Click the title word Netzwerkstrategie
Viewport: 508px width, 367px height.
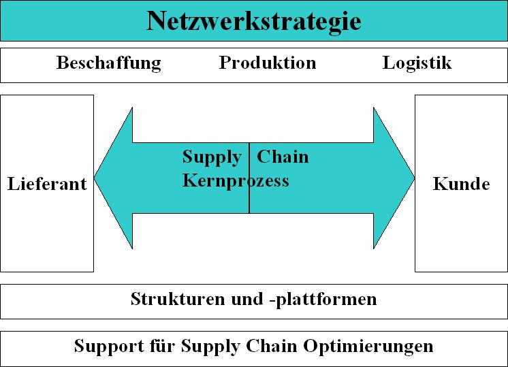click(253, 21)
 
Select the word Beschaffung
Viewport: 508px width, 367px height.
click(109, 63)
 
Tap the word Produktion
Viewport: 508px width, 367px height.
click(268, 63)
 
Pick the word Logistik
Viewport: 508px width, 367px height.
click(417, 63)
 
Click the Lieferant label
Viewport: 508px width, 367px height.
click(47, 184)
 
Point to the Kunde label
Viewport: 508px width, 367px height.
click(461, 184)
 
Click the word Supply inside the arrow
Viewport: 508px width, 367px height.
click(212, 158)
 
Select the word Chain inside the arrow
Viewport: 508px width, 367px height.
click(283, 157)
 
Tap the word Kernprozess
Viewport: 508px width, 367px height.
click(236, 180)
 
